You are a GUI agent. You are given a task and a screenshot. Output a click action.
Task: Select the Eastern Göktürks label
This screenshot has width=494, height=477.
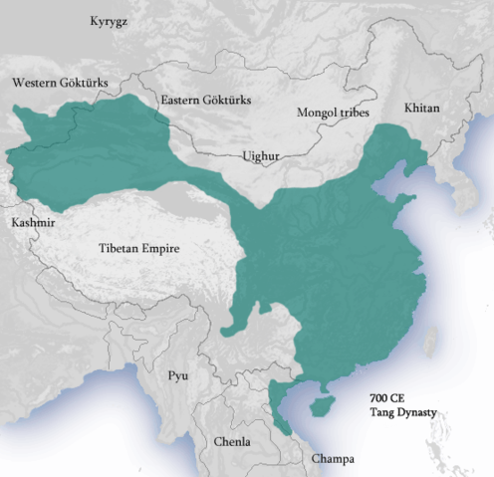pyautogui.click(x=206, y=101)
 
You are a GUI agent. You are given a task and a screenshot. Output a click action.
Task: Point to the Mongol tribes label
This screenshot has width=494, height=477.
pyautogui.click(x=333, y=113)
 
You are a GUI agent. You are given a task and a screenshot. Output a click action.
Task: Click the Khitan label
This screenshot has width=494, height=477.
pyautogui.click(x=421, y=107)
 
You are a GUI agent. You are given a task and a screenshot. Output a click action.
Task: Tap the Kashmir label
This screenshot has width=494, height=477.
pyautogui.click(x=33, y=221)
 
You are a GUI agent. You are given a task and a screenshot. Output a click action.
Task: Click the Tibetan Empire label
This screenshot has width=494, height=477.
pyautogui.click(x=138, y=248)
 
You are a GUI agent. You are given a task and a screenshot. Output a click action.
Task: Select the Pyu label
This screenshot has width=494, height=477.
pyautogui.click(x=178, y=375)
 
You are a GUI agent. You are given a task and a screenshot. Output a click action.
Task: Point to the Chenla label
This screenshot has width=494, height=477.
pyautogui.click(x=232, y=441)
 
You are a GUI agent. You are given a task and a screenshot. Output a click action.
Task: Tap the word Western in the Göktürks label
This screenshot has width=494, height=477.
pyautogui.click(x=33, y=82)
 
